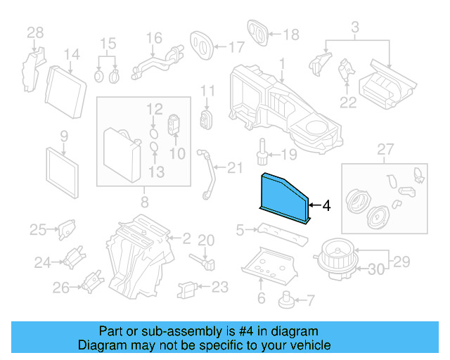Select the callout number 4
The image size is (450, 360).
(326, 206)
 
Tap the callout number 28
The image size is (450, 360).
(35, 32)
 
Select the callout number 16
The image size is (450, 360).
(154, 37)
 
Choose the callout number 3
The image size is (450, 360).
(355, 28)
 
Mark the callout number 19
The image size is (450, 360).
(289, 154)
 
